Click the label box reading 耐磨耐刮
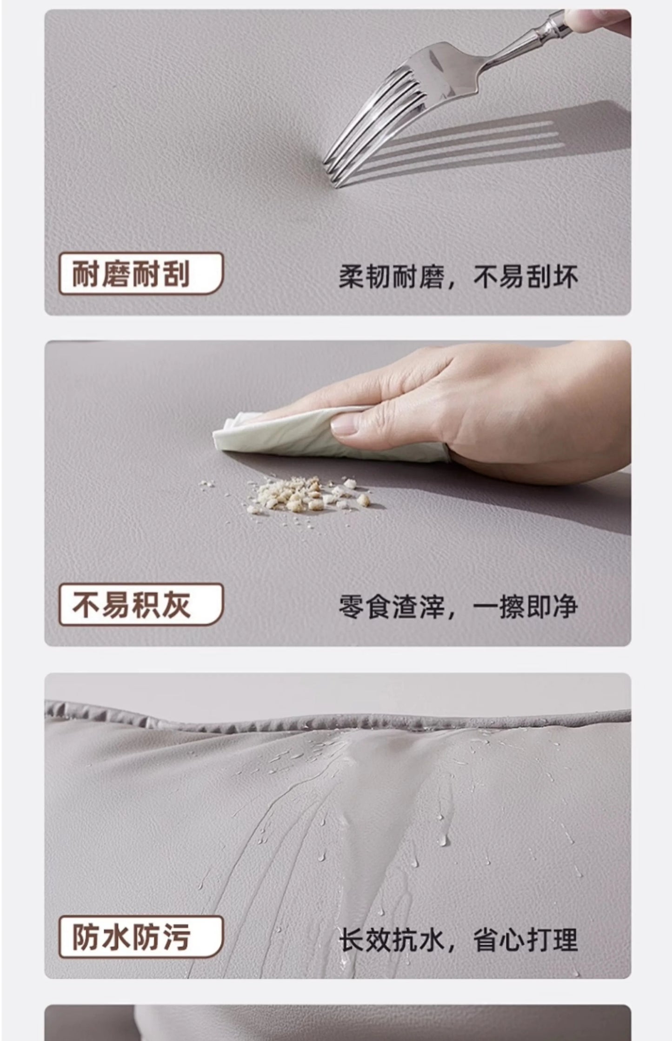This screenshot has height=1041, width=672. point(141,274)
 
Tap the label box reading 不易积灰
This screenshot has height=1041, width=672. point(141,604)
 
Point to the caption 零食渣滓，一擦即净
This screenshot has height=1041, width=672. point(458,607)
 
